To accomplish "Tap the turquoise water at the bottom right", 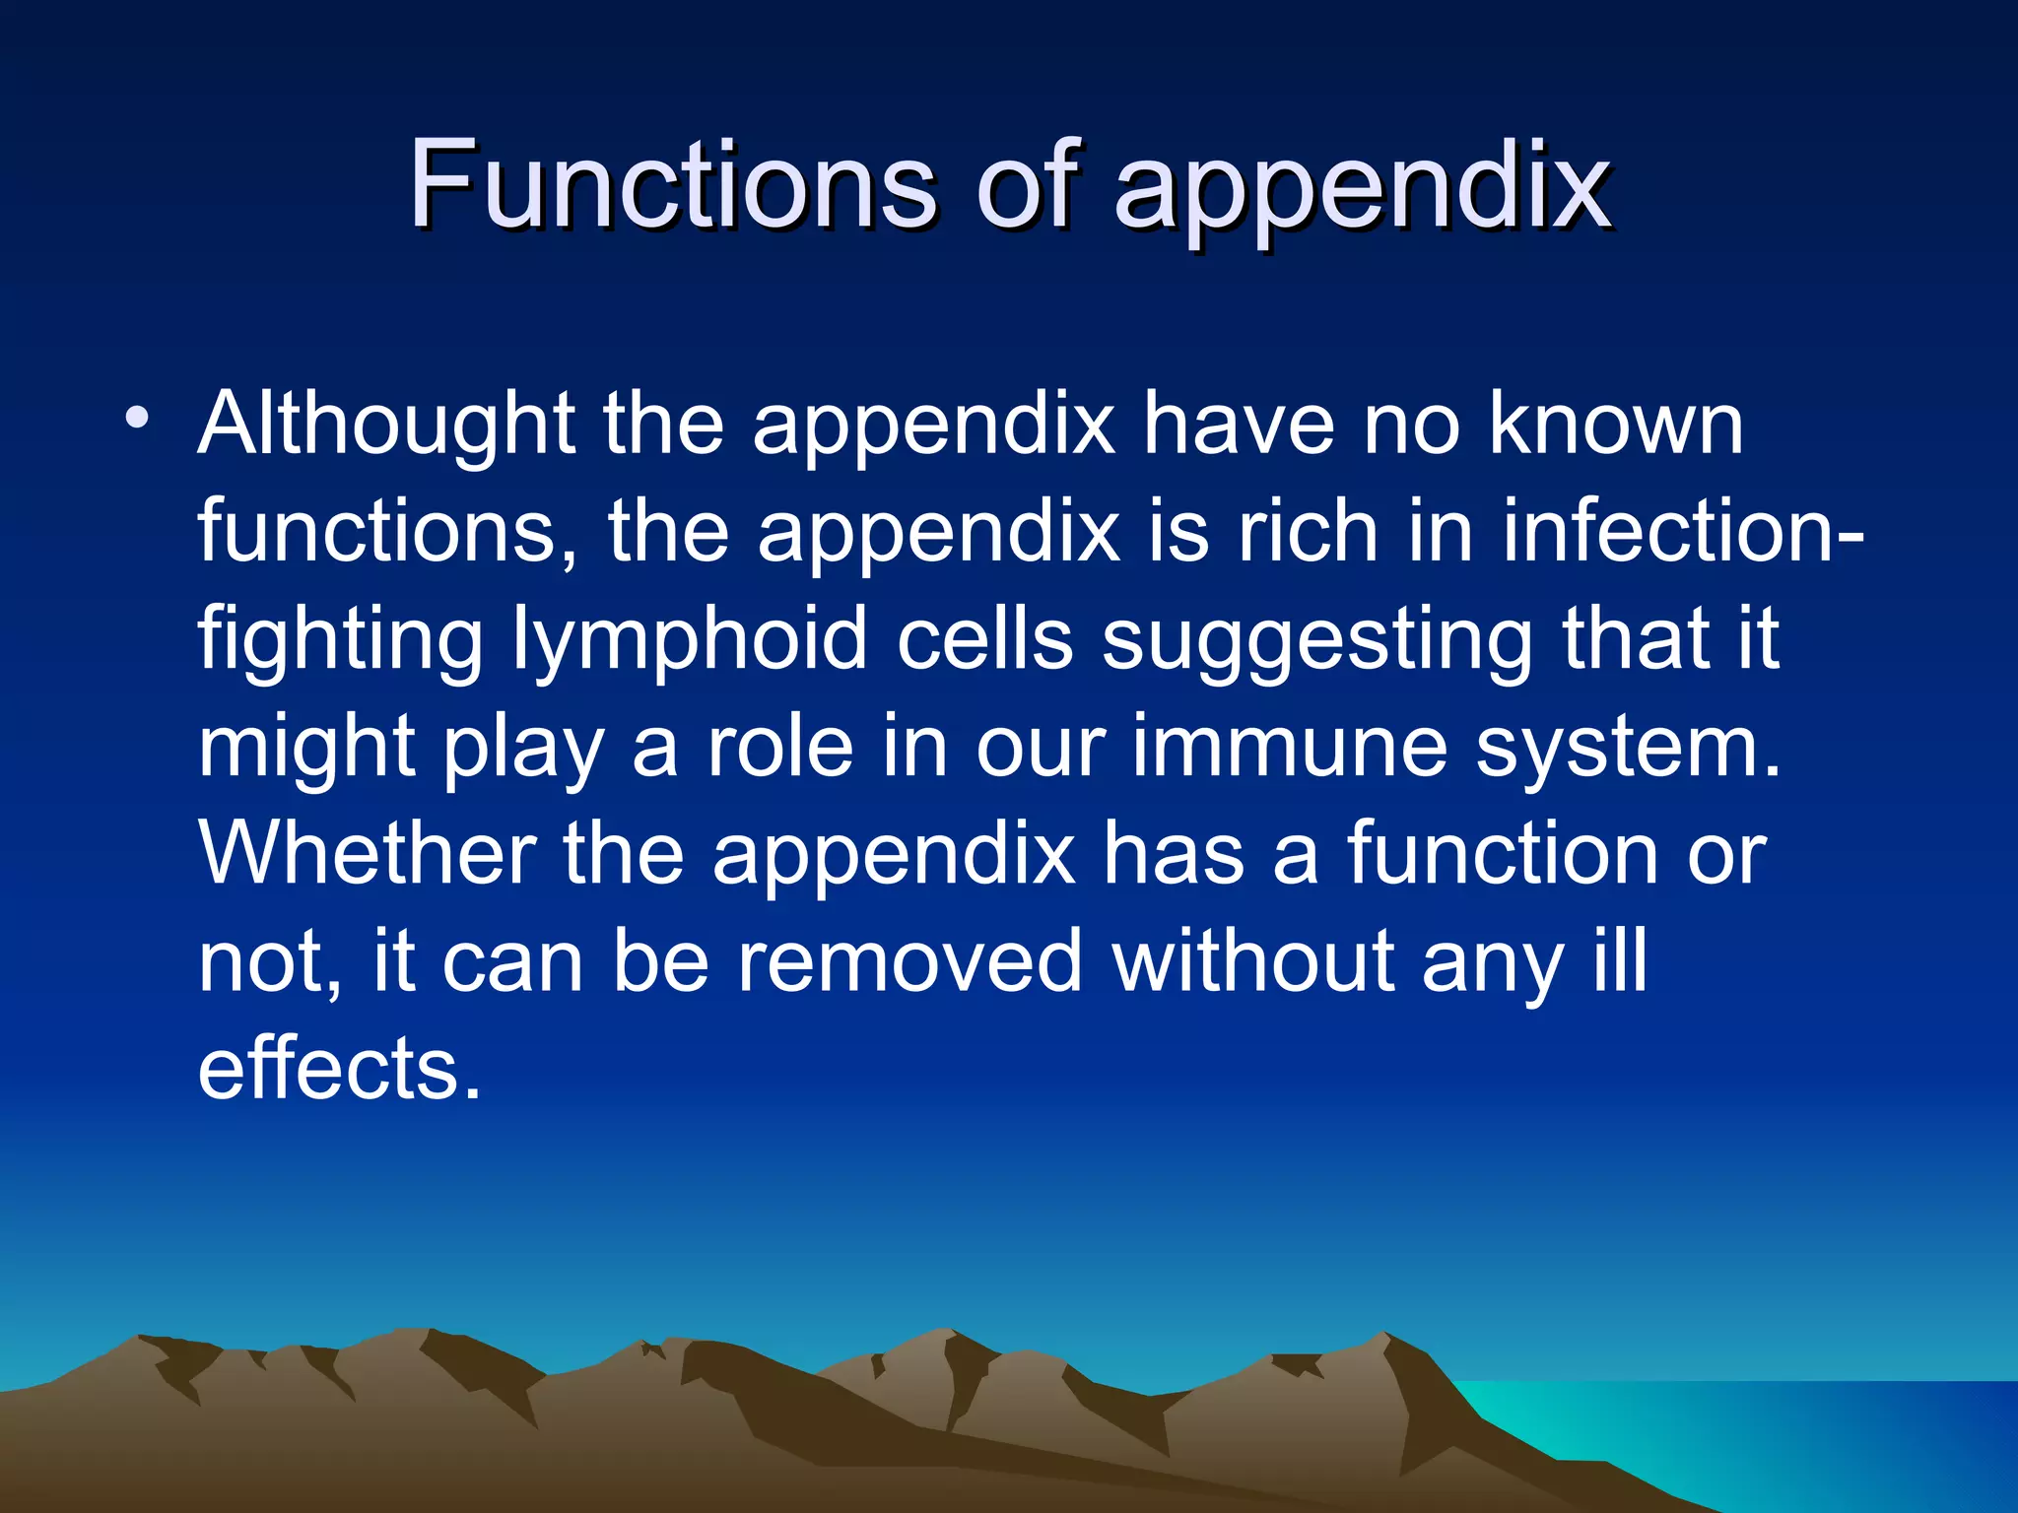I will pyautogui.click(x=1823, y=1448).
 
